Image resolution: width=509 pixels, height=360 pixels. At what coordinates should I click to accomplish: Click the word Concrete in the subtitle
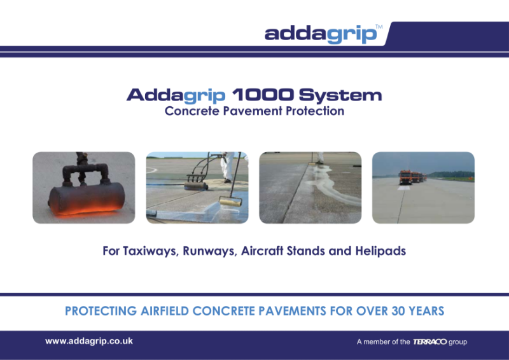click(x=187, y=111)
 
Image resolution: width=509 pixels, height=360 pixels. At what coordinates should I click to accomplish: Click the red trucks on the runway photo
click(x=410, y=176)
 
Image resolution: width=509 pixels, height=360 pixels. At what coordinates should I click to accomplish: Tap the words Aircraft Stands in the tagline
click(x=283, y=251)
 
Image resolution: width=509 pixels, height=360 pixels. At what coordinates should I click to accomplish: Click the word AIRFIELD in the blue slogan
click(x=172, y=312)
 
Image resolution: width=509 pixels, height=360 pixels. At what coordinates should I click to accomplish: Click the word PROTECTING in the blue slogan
click(x=101, y=312)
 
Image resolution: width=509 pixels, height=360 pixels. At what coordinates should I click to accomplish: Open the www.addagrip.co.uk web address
click(x=88, y=342)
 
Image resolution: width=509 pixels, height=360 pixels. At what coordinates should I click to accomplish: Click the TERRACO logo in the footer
click(x=429, y=342)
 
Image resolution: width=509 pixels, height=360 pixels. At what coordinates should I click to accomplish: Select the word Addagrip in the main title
click(x=176, y=96)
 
